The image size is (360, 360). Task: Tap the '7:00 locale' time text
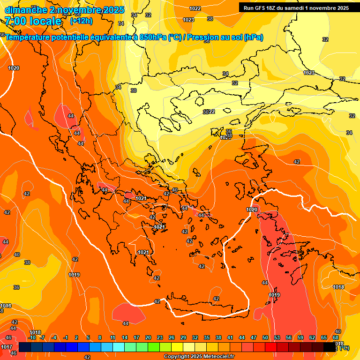33,21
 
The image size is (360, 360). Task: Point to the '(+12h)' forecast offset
81,21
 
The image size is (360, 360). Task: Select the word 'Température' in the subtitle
28,37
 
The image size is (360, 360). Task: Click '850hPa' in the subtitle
153,37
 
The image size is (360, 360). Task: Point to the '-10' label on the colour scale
32,337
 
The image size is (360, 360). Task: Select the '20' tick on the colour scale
148,337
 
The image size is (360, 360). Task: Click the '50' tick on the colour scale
265,337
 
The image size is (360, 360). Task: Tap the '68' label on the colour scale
336,337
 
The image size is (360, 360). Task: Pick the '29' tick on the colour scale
183,337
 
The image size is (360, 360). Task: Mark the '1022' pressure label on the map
195,8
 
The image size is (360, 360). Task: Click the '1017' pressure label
7,347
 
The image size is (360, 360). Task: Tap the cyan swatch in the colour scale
119,347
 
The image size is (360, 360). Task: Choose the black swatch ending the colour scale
330,347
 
